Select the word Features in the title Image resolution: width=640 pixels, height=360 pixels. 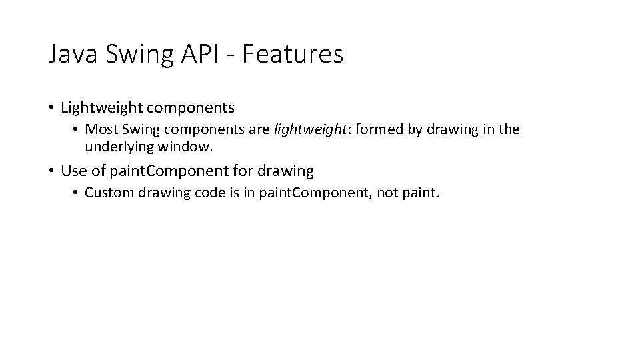[x=293, y=54]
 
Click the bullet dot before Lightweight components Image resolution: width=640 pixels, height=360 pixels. [x=51, y=107]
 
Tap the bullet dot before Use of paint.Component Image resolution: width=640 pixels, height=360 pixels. [x=51, y=171]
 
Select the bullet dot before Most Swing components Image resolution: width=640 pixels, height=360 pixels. [x=77, y=130]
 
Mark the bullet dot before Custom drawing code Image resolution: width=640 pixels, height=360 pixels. [x=77, y=194]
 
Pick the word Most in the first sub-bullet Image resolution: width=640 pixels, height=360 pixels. [x=99, y=129]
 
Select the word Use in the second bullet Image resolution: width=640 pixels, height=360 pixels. [x=73, y=171]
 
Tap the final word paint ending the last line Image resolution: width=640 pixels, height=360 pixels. [x=424, y=193]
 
